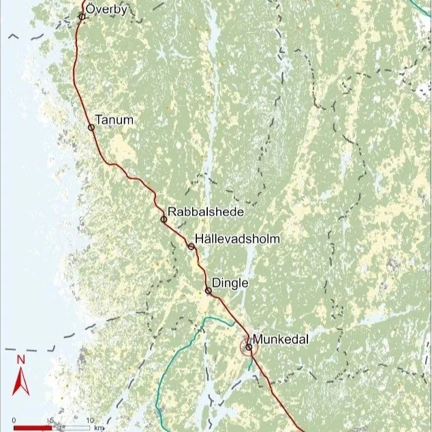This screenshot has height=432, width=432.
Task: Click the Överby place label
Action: pyautogui.click(x=106, y=10)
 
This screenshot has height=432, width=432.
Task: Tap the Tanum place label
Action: pyautogui.click(x=114, y=121)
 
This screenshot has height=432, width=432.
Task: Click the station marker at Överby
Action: pyautogui.click(x=82, y=16)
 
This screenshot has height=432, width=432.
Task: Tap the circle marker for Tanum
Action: pyautogui.click(x=91, y=127)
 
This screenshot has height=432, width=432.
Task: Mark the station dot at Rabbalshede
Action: pyautogui.click(x=164, y=219)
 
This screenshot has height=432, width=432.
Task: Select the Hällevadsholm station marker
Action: pyautogui.click(x=191, y=246)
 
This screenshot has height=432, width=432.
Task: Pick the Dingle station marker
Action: pyautogui.click(x=209, y=291)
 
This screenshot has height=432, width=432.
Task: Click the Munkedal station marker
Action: pyautogui.click(x=249, y=347)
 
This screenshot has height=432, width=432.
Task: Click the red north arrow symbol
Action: pyautogui.click(x=20, y=382)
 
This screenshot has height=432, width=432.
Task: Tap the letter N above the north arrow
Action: pyautogui.click(x=21, y=359)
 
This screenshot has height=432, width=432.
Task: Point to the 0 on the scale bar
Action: pyautogui.click(x=14, y=419)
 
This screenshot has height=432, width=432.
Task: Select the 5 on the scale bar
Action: pyautogui.click(x=52, y=419)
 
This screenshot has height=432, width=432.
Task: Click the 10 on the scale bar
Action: pyautogui.click(x=89, y=419)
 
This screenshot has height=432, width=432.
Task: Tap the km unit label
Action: pyautogui.click(x=99, y=427)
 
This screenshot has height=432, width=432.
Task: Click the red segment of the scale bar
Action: pyautogui.click(x=33, y=427)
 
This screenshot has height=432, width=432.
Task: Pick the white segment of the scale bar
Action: pyautogui.click(x=71, y=427)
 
